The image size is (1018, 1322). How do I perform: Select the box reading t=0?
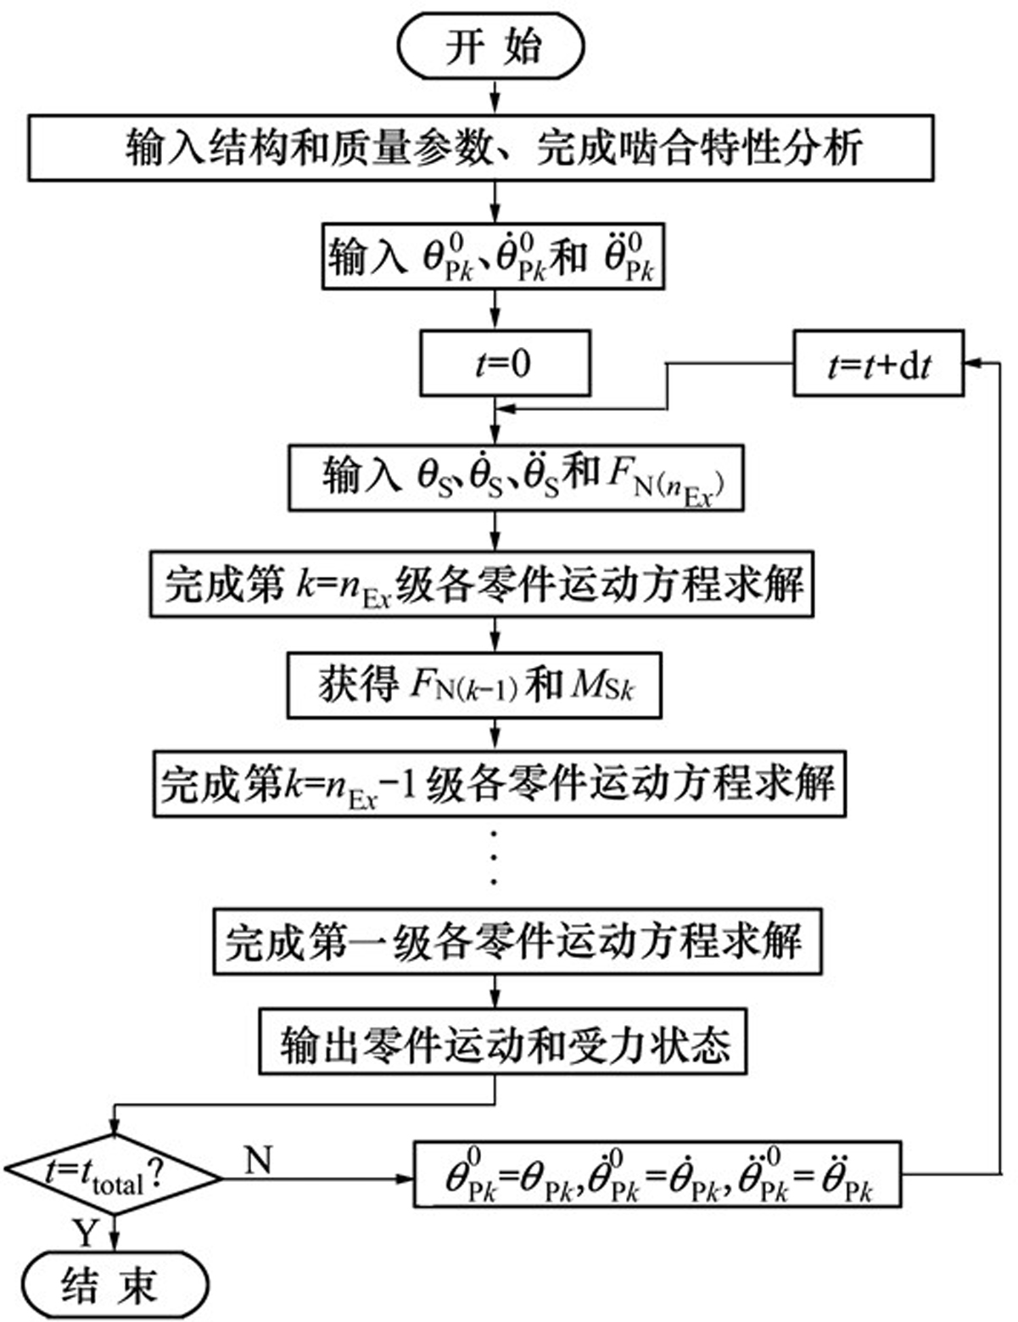click(505, 363)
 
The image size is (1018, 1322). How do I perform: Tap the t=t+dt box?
click(878, 363)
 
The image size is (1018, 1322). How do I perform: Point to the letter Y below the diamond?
click(85, 1230)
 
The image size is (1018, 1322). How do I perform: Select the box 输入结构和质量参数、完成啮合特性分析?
click(481, 148)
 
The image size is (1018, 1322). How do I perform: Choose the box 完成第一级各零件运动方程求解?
click(517, 941)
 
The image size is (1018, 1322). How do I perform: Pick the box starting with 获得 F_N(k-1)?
click(475, 685)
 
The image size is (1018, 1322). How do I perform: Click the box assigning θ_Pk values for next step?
click(657, 1175)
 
